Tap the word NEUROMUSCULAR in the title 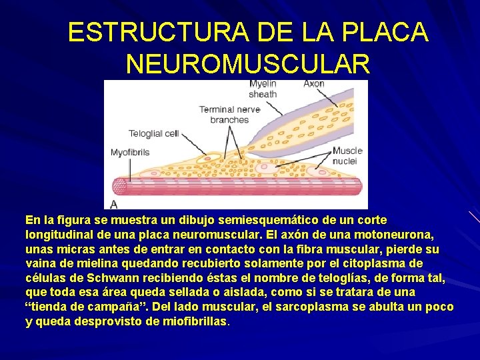click(247, 64)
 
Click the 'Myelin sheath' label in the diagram click(263, 89)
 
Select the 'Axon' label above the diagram click(313, 84)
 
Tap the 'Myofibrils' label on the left click(130, 153)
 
